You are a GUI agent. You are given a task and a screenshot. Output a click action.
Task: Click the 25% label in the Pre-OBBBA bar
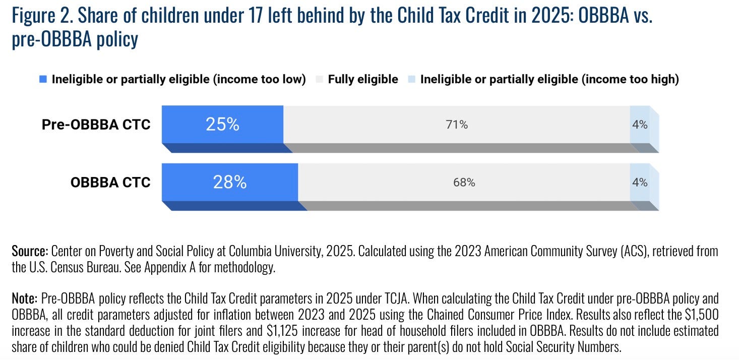(x=222, y=125)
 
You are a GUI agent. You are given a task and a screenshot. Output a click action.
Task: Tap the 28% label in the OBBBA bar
(x=230, y=182)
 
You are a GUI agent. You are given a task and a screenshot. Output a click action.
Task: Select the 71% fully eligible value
(x=457, y=125)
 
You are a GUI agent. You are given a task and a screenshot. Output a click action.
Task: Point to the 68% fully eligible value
(x=464, y=183)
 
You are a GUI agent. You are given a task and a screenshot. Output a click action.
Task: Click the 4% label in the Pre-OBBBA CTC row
(x=640, y=125)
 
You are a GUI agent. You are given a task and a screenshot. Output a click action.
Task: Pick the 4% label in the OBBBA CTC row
(x=640, y=183)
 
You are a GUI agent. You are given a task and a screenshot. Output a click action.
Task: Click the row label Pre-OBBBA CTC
(x=96, y=125)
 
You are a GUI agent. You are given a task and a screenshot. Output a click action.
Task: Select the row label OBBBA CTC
(x=110, y=182)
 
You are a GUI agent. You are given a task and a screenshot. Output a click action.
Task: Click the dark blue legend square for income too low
(x=43, y=79)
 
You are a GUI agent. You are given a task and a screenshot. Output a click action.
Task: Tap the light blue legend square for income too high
(x=411, y=79)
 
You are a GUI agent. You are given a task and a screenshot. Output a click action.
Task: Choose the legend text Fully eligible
(x=363, y=79)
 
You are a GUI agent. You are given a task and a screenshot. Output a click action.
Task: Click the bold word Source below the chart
(x=30, y=251)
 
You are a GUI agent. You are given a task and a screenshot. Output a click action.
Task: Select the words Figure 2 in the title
(x=42, y=16)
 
